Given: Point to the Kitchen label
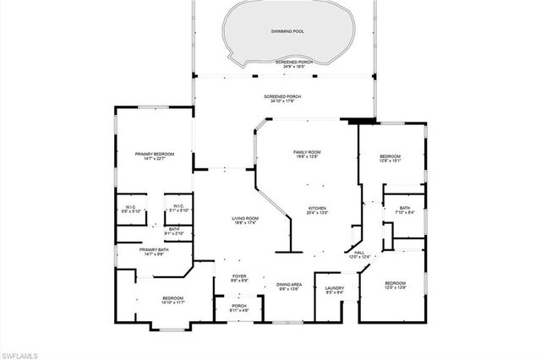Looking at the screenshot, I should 317,210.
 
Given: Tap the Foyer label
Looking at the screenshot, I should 240,276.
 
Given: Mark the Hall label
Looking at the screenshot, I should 359,254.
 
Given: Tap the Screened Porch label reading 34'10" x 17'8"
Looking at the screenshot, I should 282,97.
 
